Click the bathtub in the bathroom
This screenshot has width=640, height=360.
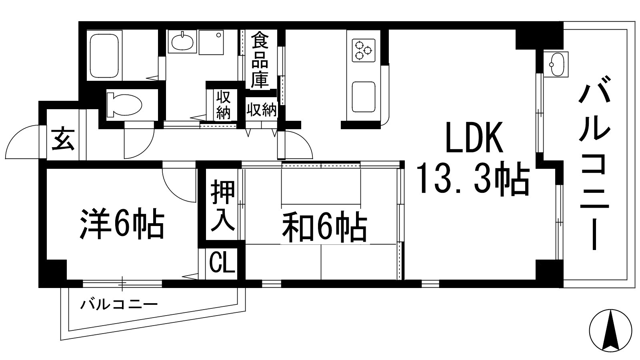(x=105, y=56)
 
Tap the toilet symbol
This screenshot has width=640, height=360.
(x=124, y=105)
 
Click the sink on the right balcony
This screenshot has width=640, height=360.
(x=556, y=64)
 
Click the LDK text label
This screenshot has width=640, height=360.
(x=474, y=138)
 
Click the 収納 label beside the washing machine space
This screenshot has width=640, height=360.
(x=224, y=105)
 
